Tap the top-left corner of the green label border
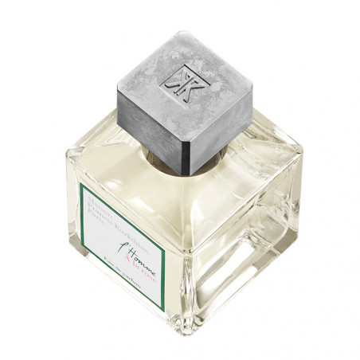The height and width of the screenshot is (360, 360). click(80, 185)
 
